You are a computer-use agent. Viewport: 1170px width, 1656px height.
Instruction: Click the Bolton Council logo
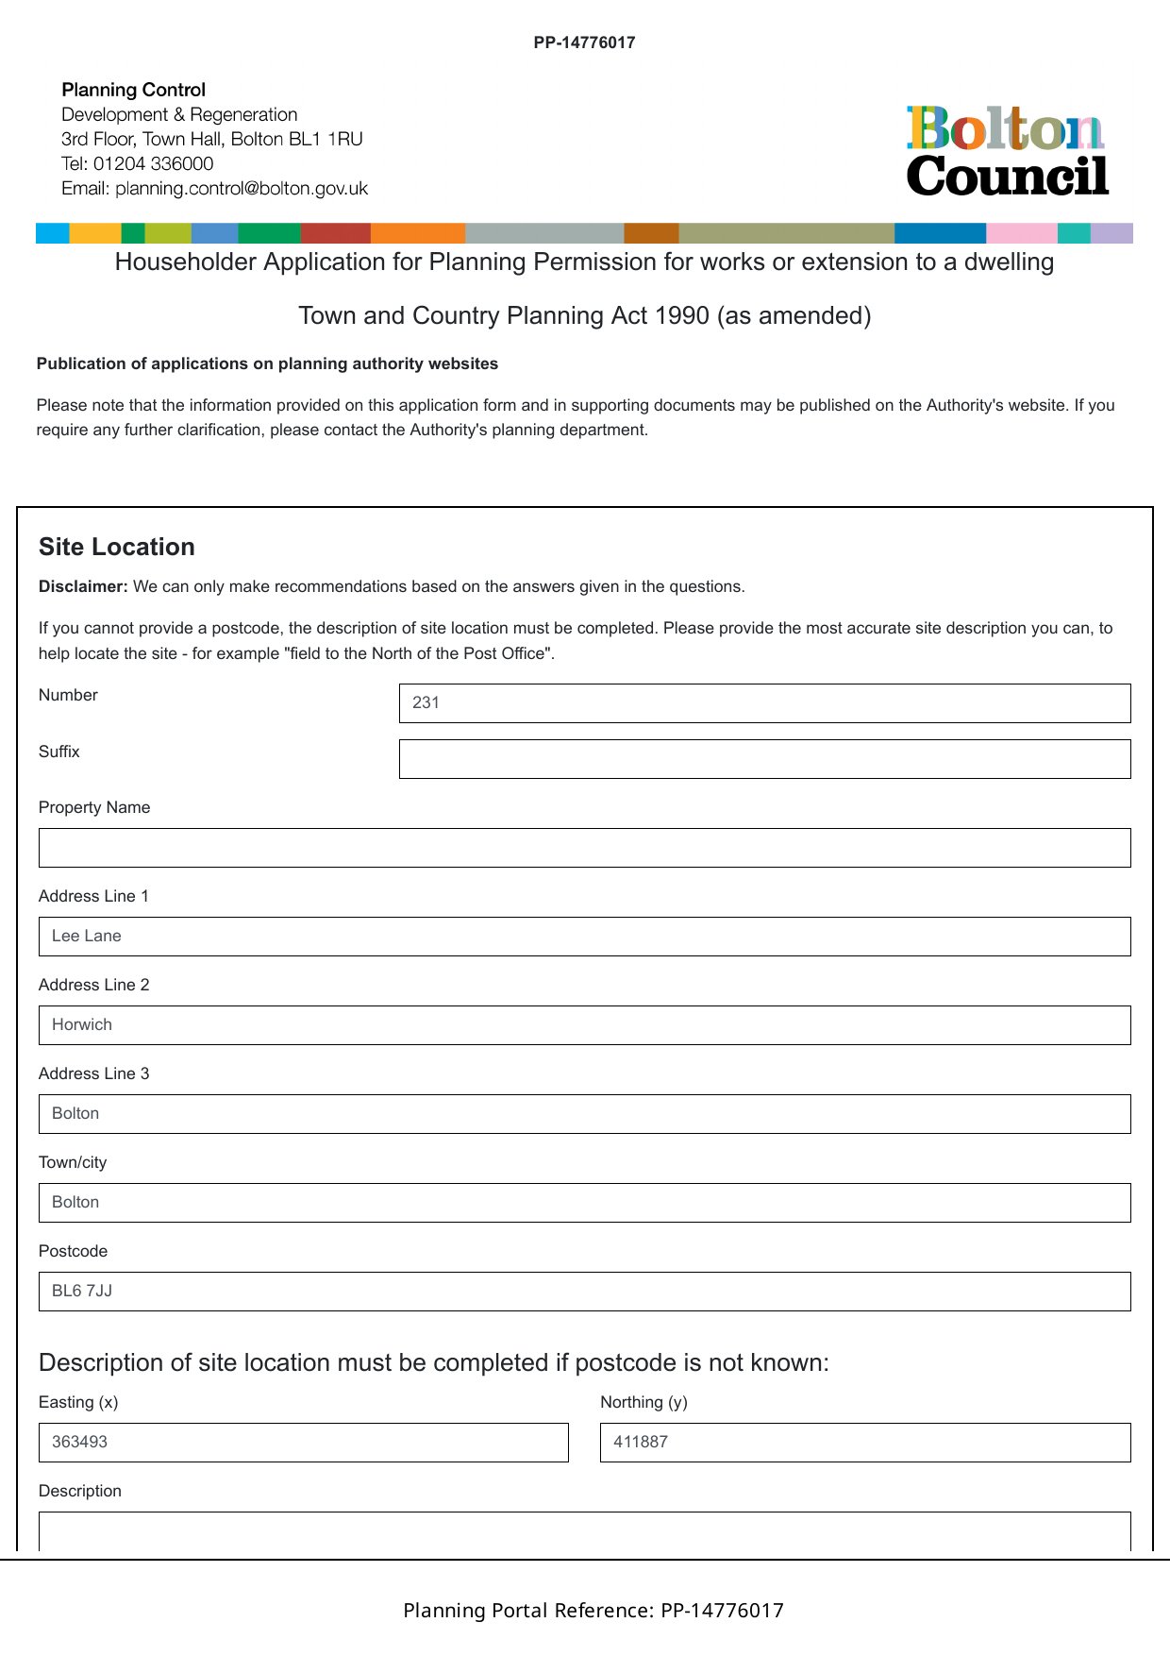click(x=1007, y=151)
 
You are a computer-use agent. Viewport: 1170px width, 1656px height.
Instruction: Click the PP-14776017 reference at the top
click(x=584, y=42)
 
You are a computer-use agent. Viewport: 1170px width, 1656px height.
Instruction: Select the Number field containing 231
click(x=764, y=703)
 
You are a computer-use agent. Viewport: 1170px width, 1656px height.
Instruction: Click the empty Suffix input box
click(x=764, y=759)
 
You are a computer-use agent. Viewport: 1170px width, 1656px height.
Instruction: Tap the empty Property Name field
click(x=584, y=848)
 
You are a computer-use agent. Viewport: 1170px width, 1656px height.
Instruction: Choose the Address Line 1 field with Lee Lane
click(x=584, y=937)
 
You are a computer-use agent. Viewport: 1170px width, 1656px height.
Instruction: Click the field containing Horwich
click(x=584, y=1025)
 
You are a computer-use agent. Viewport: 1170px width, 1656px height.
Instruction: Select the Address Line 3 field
click(x=584, y=1114)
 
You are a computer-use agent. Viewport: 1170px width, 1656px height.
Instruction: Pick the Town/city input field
click(x=584, y=1203)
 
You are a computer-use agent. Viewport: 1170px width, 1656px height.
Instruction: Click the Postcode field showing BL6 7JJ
click(x=584, y=1292)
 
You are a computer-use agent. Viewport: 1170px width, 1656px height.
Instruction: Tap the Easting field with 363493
click(x=303, y=1443)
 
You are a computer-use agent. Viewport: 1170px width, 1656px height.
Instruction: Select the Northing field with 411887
click(x=865, y=1443)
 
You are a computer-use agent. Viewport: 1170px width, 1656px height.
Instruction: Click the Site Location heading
click(x=117, y=548)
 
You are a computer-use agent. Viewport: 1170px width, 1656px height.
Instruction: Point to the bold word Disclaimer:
click(x=83, y=587)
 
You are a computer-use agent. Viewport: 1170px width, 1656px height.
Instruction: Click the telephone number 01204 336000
click(x=153, y=163)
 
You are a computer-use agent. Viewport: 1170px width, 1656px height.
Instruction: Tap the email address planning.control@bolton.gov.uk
click(x=242, y=189)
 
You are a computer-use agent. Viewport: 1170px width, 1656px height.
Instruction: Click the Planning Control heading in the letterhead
click(x=133, y=91)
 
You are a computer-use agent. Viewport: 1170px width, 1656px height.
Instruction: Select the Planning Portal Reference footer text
click(x=593, y=1611)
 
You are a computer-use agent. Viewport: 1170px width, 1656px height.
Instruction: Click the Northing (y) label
click(x=643, y=1402)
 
